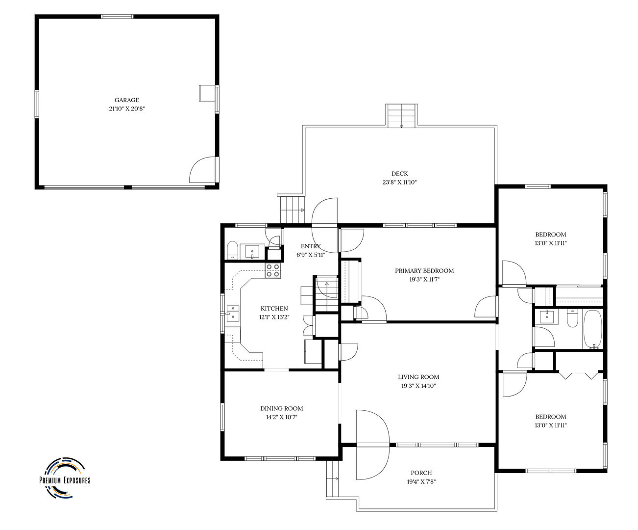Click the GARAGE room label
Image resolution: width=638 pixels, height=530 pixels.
tap(127, 100)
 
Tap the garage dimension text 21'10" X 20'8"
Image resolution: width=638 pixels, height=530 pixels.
tap(127, 108)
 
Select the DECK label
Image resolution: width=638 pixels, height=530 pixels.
tap(399, 174)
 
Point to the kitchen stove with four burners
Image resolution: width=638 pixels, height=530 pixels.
tap(272, 270)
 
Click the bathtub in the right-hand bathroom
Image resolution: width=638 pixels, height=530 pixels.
tap(593, 329)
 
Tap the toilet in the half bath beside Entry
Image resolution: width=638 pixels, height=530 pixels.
tap(233, 250)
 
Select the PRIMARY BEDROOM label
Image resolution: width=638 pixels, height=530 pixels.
tap(424, 270)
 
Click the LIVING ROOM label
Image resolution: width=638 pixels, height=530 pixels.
tap(418, 377)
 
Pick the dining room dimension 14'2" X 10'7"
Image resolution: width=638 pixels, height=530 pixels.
tap(281, 417)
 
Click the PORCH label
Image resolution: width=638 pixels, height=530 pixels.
tap(421, 473)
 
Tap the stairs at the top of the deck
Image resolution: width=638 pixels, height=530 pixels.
tap(401, 116)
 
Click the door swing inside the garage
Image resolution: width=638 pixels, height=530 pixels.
tap(202, 170)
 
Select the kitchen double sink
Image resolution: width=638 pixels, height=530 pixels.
tap(233, 314)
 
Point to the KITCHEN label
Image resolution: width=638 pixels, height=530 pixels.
tap(274, 309)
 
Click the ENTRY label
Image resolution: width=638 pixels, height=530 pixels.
tap(311, 246)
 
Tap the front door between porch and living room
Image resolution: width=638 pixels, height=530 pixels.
tap(373, 445)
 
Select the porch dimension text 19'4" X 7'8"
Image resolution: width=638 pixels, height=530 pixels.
tap(421, 481)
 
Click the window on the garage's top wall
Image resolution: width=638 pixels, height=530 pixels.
tap(117, 17)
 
